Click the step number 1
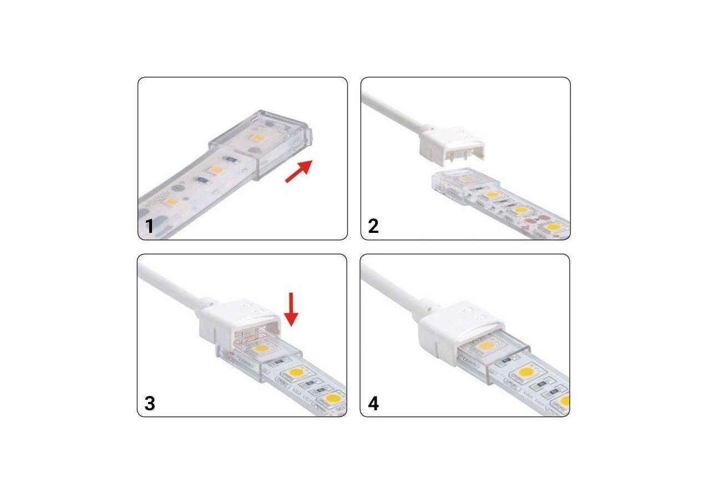[x=149, y=227]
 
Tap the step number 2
[x=373, y=226]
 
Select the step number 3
[x=149, y=404]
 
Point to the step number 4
[x=373, y=404]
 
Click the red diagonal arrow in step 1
[x=299, y=171]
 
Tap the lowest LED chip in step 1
[x=171, y=202]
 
